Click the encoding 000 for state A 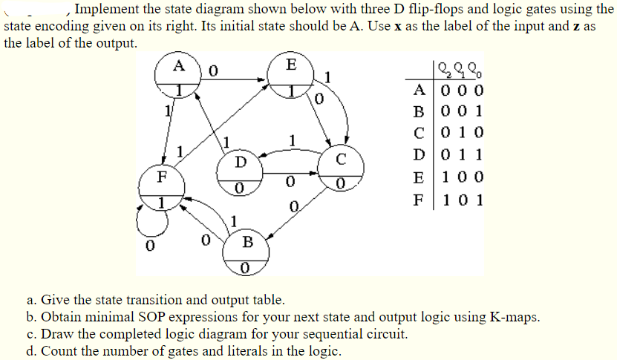pos(460,92)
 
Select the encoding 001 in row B pos(460,113)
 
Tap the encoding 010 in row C pos(460,134)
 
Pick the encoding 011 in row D pos(460,156)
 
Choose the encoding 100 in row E pos(460,177)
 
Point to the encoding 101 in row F pos(460,199)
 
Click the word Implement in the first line pos(110,10)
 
